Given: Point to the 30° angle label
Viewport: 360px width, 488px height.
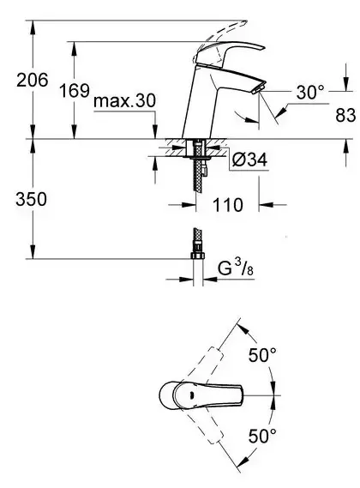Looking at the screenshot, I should pyautogui.click(x=310, y=89).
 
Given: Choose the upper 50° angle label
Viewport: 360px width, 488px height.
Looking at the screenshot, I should pyautogui.click(x=262, y=354).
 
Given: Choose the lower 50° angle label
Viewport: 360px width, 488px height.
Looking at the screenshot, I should pyautogui.click(x=262, y=435).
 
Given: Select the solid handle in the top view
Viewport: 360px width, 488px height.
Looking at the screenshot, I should pyautogui.click(x=197, y=395).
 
